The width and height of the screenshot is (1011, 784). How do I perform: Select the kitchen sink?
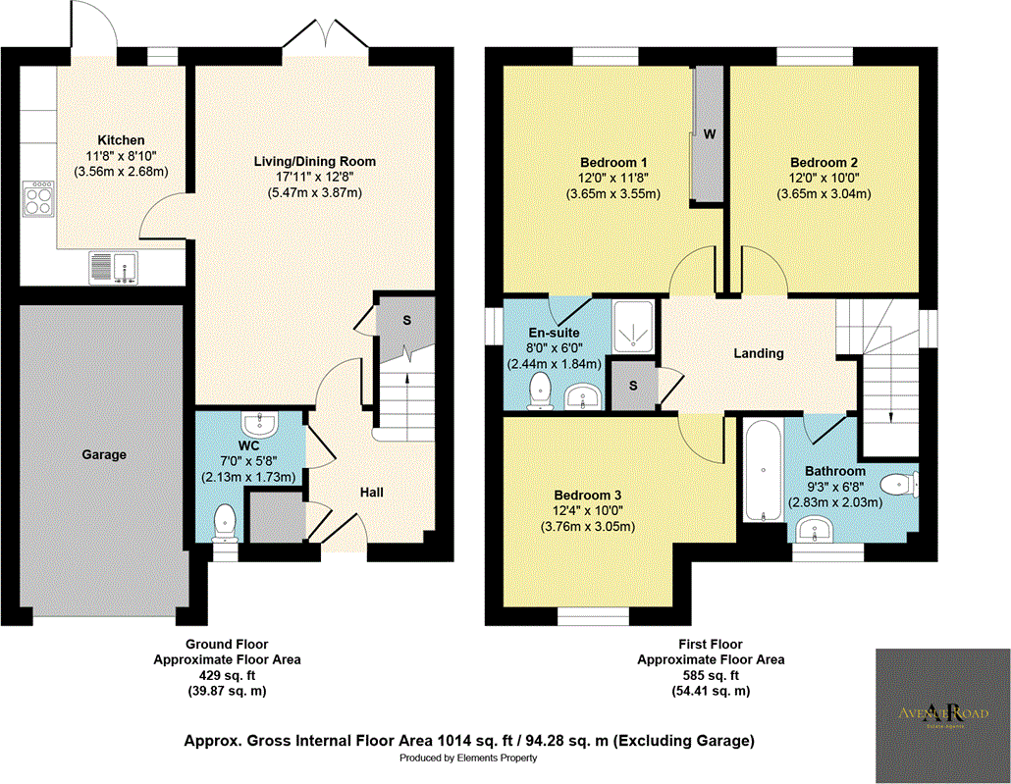click(x=116, y=266)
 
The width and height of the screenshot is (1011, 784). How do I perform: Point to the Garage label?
click(x=104, y=454)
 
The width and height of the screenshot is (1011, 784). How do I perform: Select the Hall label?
click(x=371, y=492)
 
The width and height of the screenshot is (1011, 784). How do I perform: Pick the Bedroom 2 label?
click(x=825, y=162)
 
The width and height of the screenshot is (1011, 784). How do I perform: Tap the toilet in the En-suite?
click(x=539, y=393)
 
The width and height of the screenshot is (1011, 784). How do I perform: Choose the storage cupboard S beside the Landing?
click(x=633, y=386)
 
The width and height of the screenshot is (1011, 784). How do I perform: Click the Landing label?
click(x=759, y=353)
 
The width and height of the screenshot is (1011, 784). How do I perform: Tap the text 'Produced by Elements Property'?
click(x=468, y=758)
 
